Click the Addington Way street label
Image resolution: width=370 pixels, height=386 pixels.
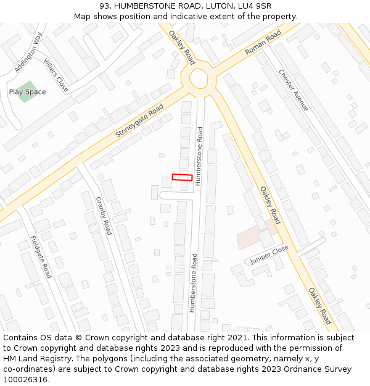(x=28, y=52)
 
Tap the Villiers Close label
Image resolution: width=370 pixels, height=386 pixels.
(x=56, y=75)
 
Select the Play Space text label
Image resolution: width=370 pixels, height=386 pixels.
(x=27, y=92)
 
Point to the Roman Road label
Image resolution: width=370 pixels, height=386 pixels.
(x=263, y=42)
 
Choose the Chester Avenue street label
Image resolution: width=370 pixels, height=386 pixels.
(x=293, y=90)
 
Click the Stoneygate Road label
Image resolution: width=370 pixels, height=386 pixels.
(x=139, y=121)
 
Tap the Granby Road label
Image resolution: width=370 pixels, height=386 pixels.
(x=104, y=216)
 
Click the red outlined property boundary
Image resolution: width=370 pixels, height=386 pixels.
(x=182, y=177)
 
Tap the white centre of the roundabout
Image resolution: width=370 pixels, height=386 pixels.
(x=199, y=78)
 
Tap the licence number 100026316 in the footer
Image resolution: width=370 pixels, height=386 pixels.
(x=25, y=380)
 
